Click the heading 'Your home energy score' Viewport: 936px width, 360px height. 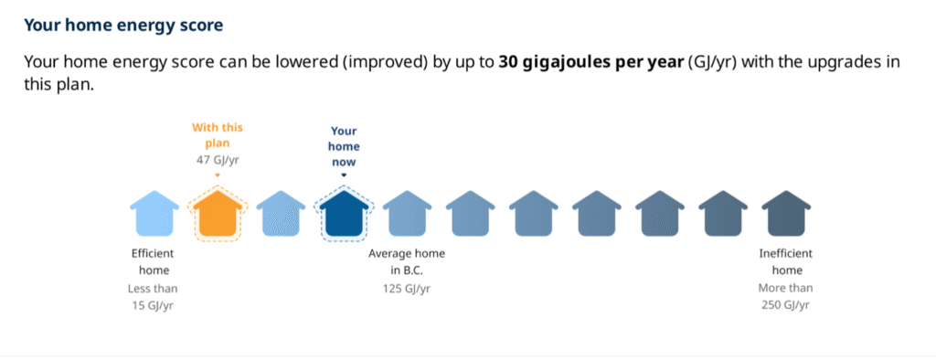pos(123,26)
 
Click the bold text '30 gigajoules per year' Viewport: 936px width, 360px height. pos(591,62)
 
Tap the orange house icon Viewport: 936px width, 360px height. pos(218,214)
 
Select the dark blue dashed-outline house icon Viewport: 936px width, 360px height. pos(344,214)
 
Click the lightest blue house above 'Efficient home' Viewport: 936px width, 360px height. pos(154,214)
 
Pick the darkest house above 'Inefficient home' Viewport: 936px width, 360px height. pos(785,214)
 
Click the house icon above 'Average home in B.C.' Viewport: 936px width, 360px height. pos(407,214)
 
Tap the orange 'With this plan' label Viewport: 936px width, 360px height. pos(218,135)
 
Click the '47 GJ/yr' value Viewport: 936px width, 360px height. pos(218,160)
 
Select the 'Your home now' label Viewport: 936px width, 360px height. pos(344,147)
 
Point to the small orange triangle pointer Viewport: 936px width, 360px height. pos(218,175)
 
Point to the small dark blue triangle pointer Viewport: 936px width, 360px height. pos(344,175)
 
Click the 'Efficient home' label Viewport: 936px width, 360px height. pos(154,262)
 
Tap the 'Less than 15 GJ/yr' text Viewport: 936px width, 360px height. pos(153,297)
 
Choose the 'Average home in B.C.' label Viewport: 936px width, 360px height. pos(407,262)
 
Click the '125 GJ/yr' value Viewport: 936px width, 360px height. pos(407,289)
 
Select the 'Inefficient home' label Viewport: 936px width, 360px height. pos(785,262)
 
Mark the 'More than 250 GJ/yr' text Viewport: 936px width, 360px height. pos(785,297)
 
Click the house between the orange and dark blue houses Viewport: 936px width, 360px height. pos(281,214)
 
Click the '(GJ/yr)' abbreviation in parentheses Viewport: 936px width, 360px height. pos(709,63)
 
